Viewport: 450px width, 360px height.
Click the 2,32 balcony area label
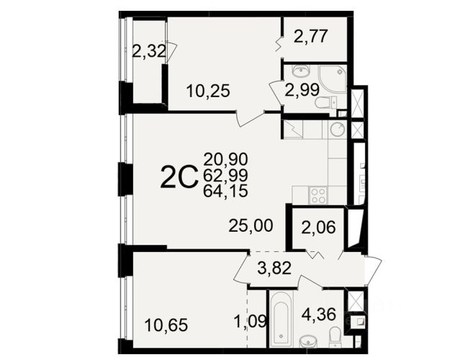pyautogui.click(x=149, y=52)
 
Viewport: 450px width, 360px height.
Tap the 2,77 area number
pyautogui.click(x=310, y=37)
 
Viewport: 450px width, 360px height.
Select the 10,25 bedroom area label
pyautogui.click(x=208, y=91)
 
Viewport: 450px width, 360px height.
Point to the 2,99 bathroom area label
pyautogui.click(x=302, y=89)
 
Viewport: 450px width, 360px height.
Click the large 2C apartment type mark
pyautogui.click(x=180, y=178)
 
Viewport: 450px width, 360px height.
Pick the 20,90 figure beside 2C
pyautogui.click(x=225, y=159)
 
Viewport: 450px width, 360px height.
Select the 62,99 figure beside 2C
pyautogui.click(x=225, y=175)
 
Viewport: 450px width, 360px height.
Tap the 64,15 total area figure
pyautogui.click(x=225, y=191)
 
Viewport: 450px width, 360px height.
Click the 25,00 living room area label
pyautogui.click(x=251, y=225)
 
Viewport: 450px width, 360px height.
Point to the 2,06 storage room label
pyautogui.click(x=318, y=228)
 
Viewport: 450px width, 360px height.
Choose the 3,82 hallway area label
pyautogui.click(x=274, y=268)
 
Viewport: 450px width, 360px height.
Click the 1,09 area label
pyautogui.click(x=251, y=321)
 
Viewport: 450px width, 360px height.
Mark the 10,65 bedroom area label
pyautogui.click(x=166, y=325)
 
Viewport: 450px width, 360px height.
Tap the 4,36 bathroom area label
pyautogui.click(x=318, y=314)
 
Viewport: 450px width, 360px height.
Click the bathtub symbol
pyautogui.click(x=281, y=319)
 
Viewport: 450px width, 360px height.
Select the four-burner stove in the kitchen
pyautogui.click(x=318, y=196)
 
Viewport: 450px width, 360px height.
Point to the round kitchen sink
pyautogui.click(x=338, y=129)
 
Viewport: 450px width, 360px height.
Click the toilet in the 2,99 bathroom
pyautogui.click(x=326, y=102)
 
